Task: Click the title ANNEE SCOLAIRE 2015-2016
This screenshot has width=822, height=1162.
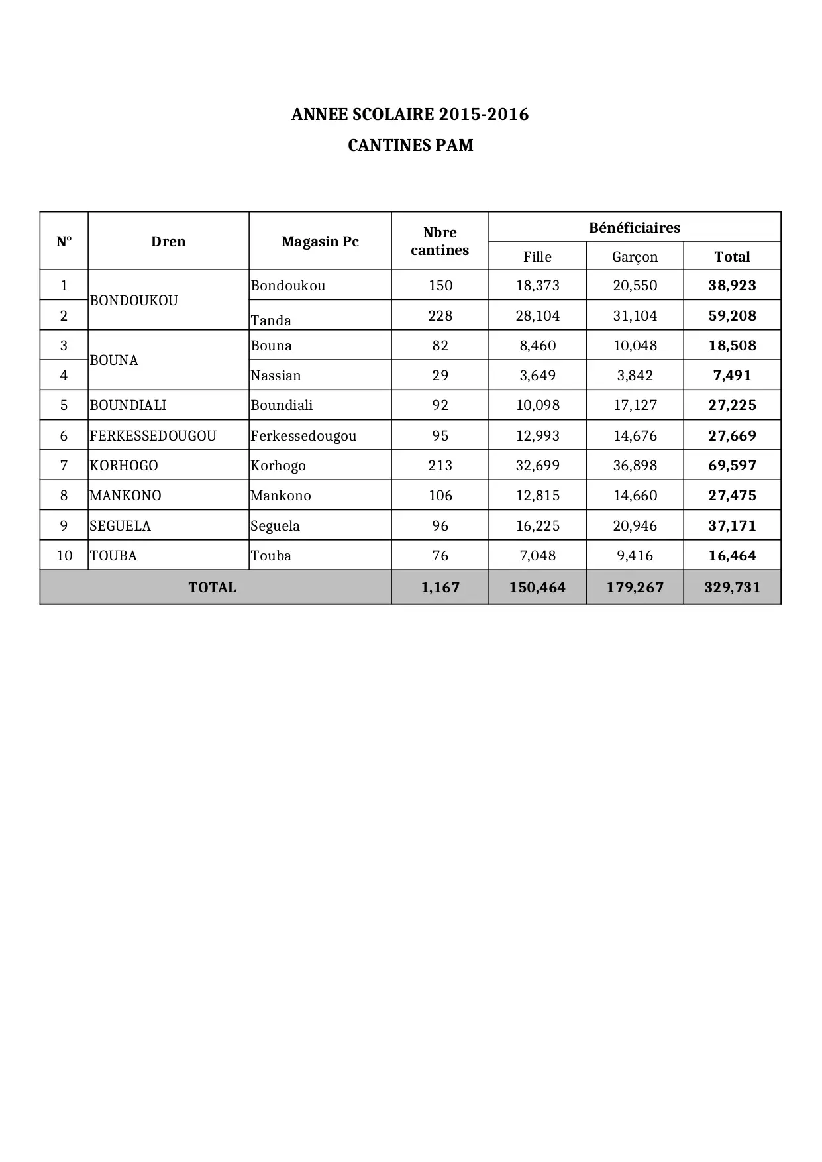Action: coord(410,115)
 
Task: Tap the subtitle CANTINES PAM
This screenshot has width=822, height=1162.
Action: coord(410,145)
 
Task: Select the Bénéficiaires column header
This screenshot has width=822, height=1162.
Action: coord(634,228)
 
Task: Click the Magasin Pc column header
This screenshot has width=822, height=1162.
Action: coord(320,242)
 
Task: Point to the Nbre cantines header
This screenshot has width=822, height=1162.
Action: coord(440,241)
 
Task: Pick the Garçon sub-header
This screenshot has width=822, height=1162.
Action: coord(635,257)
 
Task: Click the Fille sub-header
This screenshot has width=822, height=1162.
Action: coord(537,257)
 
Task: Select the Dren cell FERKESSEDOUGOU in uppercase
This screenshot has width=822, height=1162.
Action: coord(153,436)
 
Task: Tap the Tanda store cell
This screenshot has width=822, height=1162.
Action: coord(271,321)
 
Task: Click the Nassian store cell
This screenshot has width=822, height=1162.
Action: coord(276,376)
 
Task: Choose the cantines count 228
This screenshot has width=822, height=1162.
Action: coord(440,316)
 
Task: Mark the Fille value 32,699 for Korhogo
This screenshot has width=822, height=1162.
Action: coord(537,466)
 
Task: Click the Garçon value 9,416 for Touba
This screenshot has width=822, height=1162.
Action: coord(635,556)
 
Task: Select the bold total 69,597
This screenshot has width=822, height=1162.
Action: coord(732,466)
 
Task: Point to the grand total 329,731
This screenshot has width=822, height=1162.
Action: coord(732,588)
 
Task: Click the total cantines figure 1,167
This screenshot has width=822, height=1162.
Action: coord(440,588)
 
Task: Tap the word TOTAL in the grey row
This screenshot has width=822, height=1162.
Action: coord(212,588)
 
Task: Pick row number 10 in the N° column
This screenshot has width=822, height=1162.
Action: coord(64,556)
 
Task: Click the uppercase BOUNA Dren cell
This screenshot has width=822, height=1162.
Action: coord(114,360)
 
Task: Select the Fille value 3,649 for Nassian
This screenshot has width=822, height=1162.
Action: coord(537,376)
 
